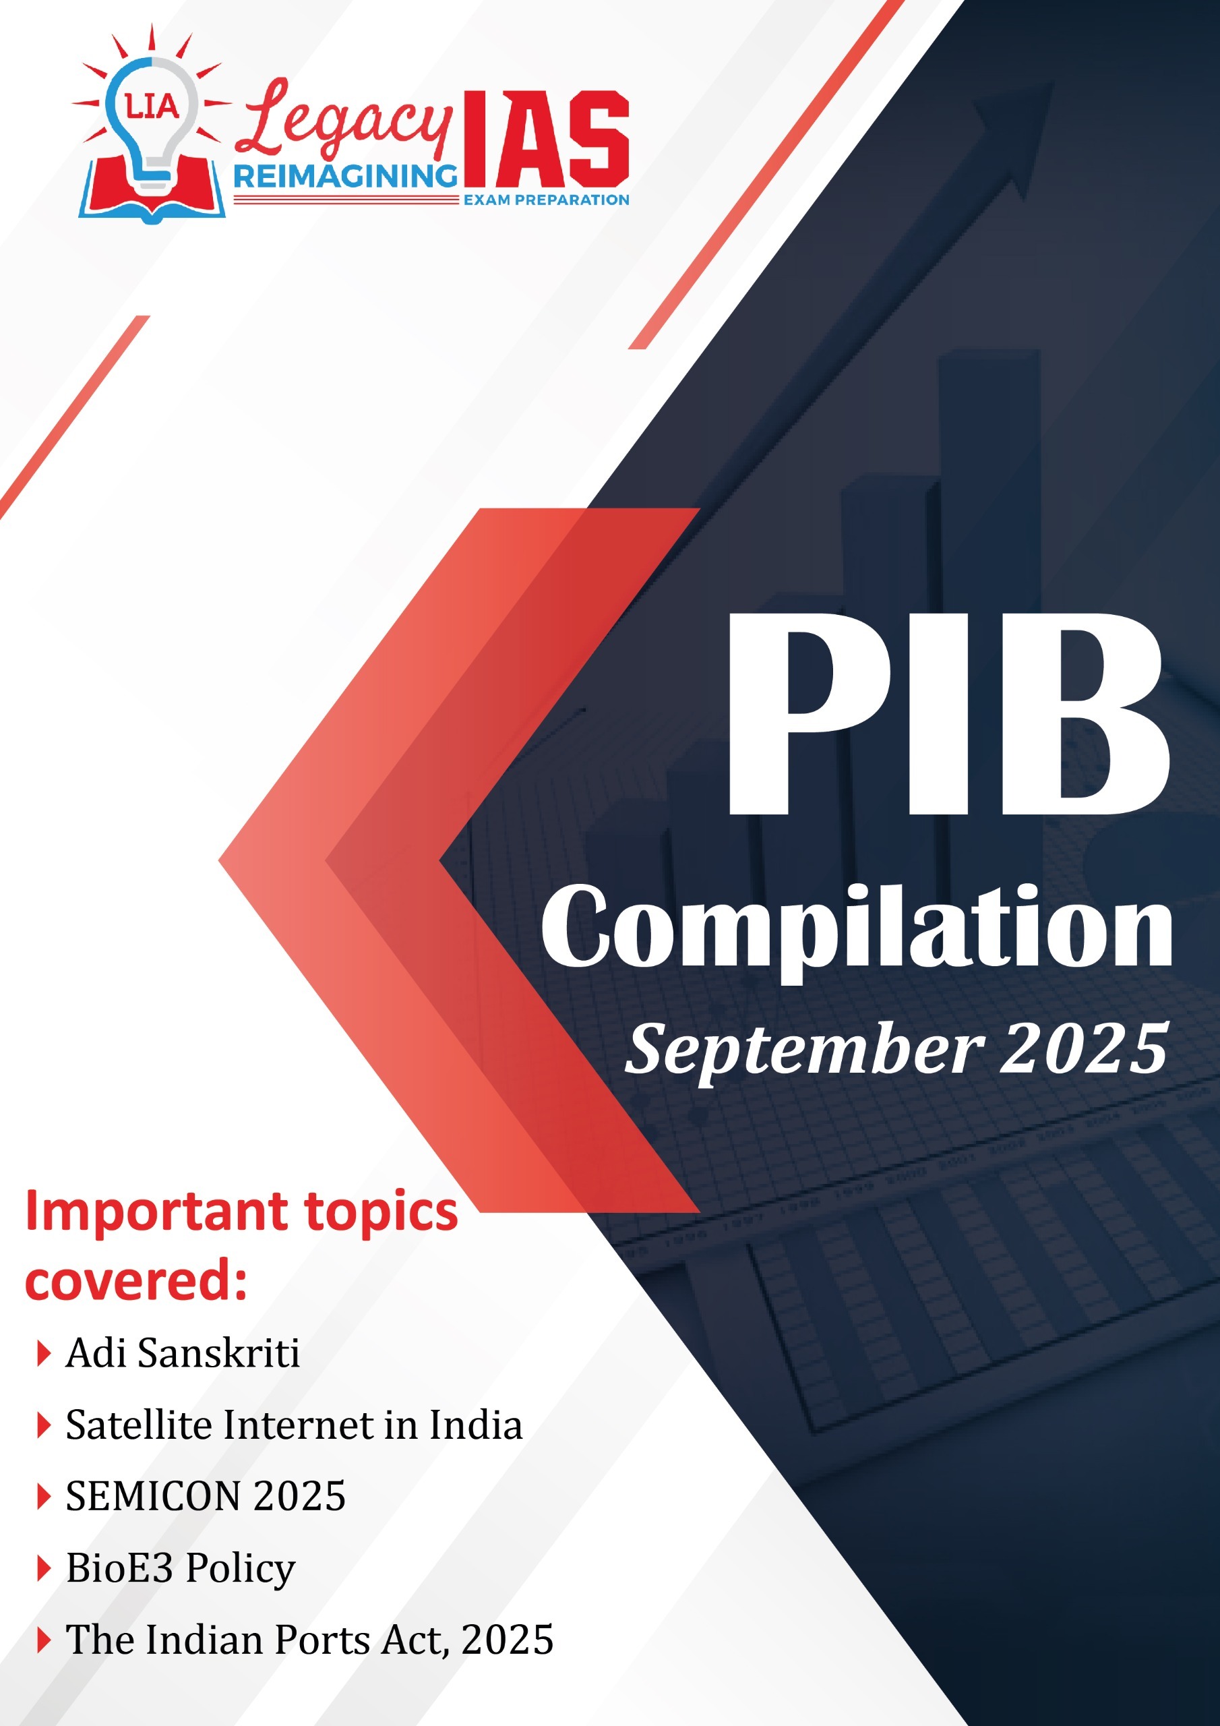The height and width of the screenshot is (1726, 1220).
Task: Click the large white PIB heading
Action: click(x=948, y=714)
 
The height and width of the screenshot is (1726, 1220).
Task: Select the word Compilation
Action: click(x=857, y=930)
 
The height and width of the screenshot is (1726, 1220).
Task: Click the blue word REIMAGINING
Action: click(x=345, y=177)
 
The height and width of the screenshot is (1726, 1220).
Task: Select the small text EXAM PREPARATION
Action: click(x=547, y=200)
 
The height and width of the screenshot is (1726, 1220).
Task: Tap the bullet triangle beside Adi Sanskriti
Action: click(x=44, y=1354)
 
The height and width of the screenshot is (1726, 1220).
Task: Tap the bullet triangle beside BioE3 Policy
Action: click(x=44, y=1569)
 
